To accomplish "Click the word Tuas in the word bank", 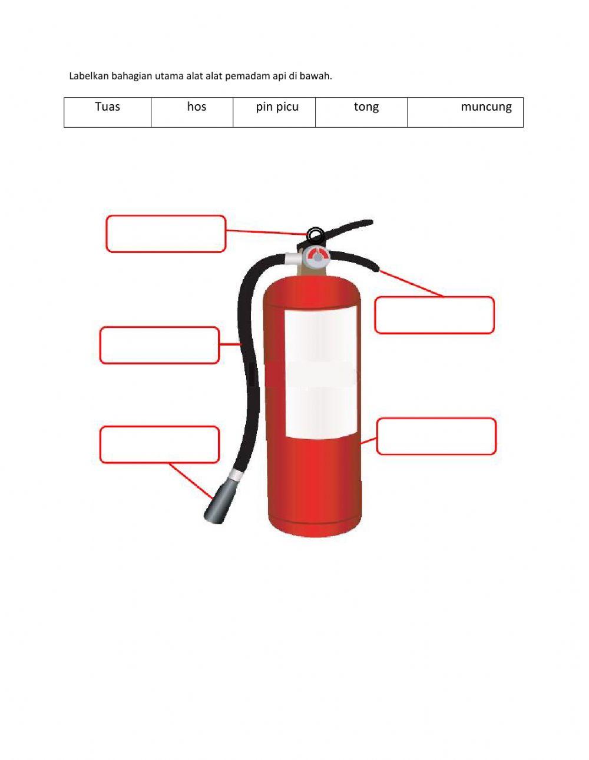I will pos(107,107).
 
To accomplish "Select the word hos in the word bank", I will pos(196,107).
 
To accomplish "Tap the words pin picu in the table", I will pos(277,107).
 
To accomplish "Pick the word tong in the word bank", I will pos(366,107).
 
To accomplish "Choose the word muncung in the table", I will pos(486,107).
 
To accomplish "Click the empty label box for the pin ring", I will pos(166,234).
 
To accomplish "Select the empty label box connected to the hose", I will pos(159,345).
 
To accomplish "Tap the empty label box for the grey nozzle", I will pos(159,444).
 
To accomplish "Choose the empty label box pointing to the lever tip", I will pos(434,315).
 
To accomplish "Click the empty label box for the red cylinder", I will pos(436,436).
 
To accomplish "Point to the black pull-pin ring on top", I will pos(315,234).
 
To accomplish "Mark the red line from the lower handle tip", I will pos(411,283).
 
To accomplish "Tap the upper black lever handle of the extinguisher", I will pos(350,227).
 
